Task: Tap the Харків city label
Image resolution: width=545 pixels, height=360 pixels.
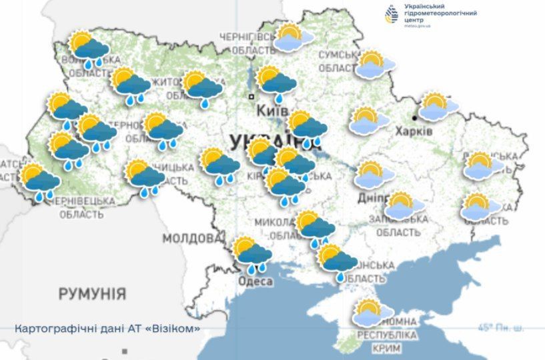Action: pos(414,131)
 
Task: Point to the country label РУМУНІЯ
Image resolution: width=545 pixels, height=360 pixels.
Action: pos(92,293)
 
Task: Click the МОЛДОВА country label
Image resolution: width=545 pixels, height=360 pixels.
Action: pos(191,238)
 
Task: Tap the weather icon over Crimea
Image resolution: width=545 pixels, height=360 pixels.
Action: pos(368,312)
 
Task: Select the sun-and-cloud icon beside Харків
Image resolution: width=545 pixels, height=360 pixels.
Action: pos(438,107)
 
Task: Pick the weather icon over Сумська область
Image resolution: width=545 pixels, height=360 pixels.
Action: pos(375,65)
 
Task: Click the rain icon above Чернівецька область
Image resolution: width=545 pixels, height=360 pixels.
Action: pos(40,181)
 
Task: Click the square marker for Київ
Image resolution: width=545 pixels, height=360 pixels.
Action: pos(251,97)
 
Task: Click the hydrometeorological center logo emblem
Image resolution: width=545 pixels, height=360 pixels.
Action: pos(393,13)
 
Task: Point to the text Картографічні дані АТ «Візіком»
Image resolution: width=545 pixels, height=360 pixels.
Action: pos(107,329)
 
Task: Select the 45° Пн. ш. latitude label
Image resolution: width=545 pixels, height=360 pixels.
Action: pos(500,327)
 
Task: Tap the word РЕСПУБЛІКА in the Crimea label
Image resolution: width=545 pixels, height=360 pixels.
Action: pos(387,335)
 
